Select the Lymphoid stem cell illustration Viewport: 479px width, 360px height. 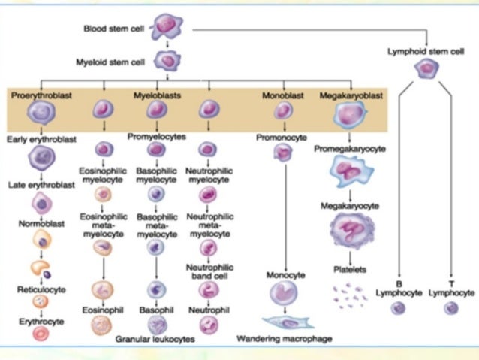[x=427, y=69]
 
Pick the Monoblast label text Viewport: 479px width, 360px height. [x=282, y=96]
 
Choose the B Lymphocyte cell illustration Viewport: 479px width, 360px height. [x=399, y=308]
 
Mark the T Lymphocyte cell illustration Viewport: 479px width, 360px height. [x=451, y=308]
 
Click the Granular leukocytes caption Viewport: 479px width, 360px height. [x=155, y=340]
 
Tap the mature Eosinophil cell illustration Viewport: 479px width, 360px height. [x=101, y=325]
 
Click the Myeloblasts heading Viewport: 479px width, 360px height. [x=155, y=96]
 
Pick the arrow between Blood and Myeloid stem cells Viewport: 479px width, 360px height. [x=166, y=46]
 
